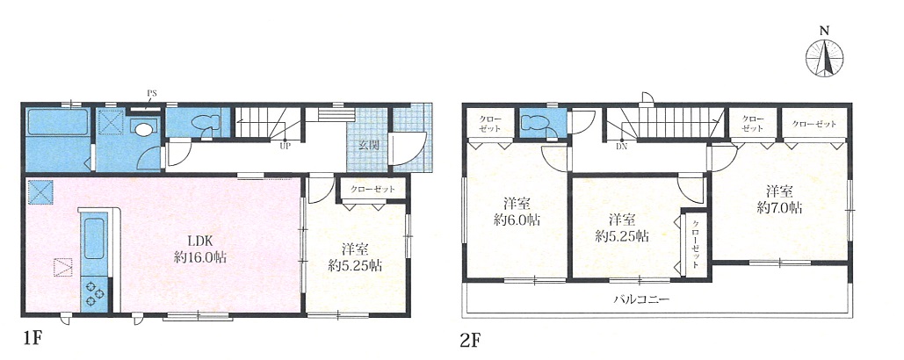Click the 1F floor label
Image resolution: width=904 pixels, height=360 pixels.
[33, 338]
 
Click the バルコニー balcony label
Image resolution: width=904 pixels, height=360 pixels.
[640, 299]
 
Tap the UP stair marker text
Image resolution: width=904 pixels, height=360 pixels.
[284, 147]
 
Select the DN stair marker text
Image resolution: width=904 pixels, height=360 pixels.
[621, 147]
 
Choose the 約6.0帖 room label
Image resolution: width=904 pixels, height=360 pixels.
[517, 220]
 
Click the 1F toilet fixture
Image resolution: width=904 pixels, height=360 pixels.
[205, 123]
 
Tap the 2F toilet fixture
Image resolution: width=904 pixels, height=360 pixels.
[534, 124]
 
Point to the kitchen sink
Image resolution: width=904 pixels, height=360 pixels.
[95, 238]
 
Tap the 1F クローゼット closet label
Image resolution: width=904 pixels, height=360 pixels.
[372, 190]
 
